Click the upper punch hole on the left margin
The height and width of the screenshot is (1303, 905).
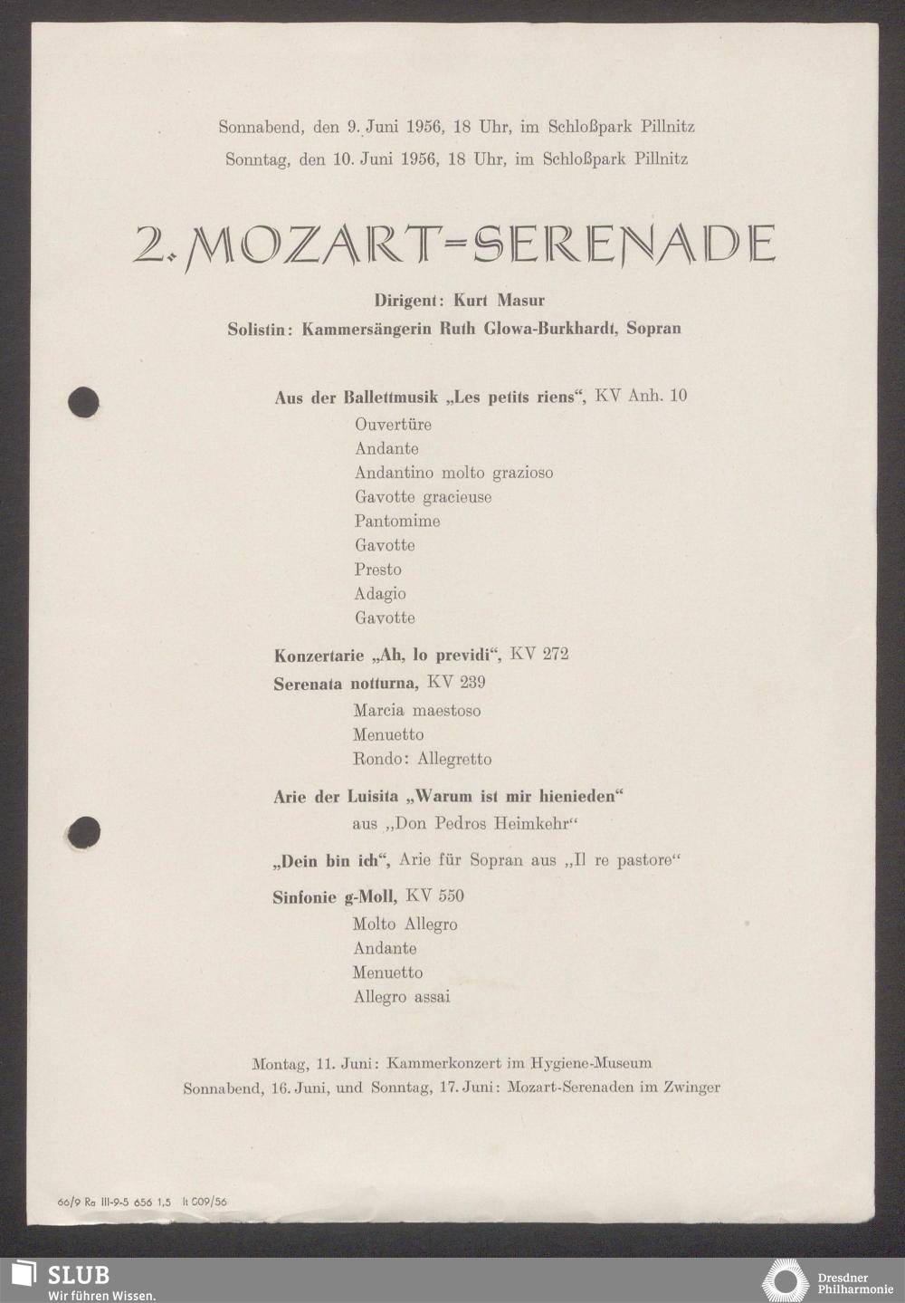83,402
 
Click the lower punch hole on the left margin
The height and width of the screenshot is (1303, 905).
83,831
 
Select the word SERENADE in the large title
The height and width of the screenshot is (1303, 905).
624,244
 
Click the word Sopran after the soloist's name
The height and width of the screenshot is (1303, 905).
653,328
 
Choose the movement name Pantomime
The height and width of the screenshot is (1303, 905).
397,521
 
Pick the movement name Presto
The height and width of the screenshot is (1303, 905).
377,570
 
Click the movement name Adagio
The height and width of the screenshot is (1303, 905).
380,594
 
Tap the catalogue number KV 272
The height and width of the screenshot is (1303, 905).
539,654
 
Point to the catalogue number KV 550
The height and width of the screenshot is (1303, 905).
434,896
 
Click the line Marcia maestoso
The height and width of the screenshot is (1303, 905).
417,711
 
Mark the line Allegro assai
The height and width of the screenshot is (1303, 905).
402,997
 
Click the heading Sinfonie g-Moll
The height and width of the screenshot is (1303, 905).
334,896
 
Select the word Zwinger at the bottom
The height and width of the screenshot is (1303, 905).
689,1087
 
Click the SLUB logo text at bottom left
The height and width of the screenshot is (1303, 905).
78,1275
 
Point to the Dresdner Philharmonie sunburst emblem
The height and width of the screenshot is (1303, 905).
785,1281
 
